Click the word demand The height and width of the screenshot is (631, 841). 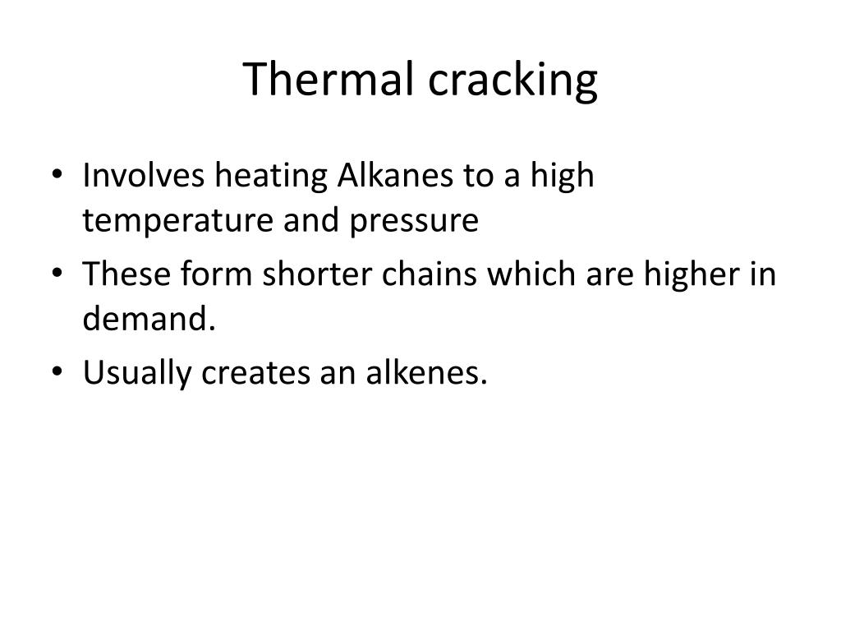pos(149,320)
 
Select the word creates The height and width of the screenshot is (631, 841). pos(249,373)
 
